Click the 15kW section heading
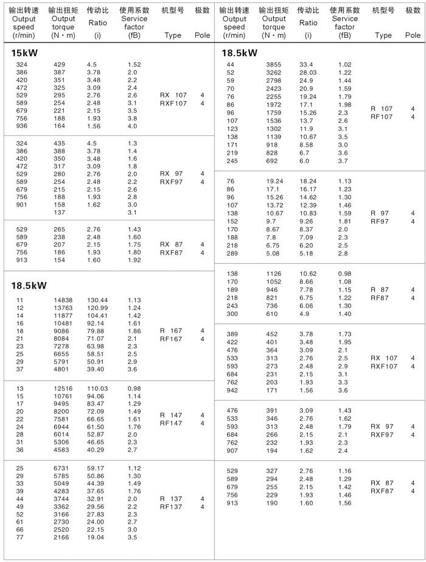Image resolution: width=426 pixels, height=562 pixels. [25, 53]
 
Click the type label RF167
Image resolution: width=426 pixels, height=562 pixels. [171, 339]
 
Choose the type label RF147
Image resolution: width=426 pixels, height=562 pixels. [171, 423]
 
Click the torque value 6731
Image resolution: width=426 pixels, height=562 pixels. [62, 468]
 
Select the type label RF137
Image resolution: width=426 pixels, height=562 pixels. [171, 507]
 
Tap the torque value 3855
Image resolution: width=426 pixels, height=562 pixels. [274, 65]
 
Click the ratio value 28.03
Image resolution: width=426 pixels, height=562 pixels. [308, 72]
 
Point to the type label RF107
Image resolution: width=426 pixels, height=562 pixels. [382, 117]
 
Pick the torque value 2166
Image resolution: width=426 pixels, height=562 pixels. [62, 538]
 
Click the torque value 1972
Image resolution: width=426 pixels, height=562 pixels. [274, 104]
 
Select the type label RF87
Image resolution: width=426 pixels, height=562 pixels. [380, 298]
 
